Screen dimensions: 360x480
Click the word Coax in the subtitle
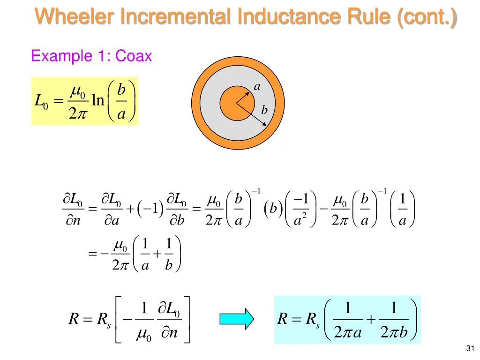(x=134, y=56)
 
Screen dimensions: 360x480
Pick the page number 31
(x=471, y=348)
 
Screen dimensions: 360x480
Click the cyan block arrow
(x=237, y=319)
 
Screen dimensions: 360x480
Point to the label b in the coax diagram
(x=264, y=111)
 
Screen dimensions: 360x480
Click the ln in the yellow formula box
(x=97, y=100)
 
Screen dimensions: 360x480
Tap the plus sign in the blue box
(x=370, y=320)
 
